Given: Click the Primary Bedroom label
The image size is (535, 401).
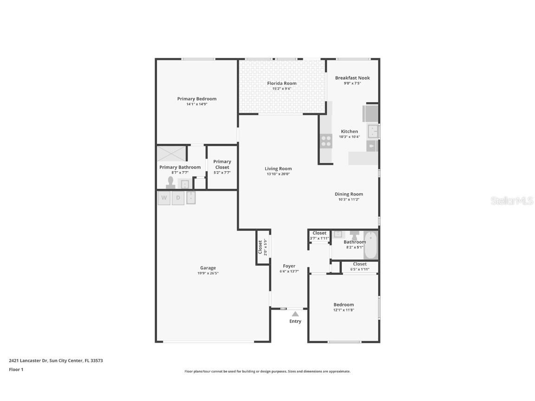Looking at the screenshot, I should tap(196, 98).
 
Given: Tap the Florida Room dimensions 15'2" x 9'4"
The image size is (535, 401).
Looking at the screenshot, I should tap(281, 89).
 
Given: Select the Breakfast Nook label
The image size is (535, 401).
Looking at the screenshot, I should tap(352, 78).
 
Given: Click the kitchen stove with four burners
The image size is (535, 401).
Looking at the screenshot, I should tap(326, 141).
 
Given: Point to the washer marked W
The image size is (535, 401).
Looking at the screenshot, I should tap(164, 198).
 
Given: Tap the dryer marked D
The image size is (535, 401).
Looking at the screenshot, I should tap(178, 198).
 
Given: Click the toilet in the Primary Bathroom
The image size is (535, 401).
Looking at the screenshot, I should tap(170, 183).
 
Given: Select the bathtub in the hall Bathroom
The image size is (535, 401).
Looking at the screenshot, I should tap(371, 246).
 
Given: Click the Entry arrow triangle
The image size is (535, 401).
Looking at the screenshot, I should tap(295, 314).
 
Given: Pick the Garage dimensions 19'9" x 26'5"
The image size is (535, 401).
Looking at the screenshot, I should tap(208, 273).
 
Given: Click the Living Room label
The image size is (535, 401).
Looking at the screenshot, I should tap(278, 168).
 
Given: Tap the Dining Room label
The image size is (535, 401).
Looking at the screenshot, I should tap(349, 194).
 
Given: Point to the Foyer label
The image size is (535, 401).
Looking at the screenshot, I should tap(289, 266).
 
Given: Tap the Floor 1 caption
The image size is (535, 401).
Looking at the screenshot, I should tap(16, 369).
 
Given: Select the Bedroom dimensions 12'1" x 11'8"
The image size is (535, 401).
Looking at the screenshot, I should tap(344, 310).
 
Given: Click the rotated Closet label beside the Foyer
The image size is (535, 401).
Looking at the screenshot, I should tap(260, 247).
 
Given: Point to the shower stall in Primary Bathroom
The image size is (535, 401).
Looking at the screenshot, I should tap(171, 153).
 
